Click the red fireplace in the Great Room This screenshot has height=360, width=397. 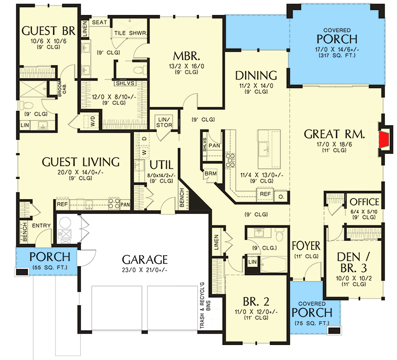[384, 139]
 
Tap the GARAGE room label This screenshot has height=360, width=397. [144, 259]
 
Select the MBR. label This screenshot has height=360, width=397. [187, 56]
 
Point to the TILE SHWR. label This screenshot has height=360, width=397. [131, 33]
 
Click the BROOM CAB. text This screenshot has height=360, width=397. [62, 89]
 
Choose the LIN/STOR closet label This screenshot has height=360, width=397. [164, 122]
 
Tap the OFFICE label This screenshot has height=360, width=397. [364, 202]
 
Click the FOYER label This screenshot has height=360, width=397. [306, 246]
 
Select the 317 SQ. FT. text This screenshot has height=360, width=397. [337, 55]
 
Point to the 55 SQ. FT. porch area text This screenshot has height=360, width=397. [50, 267]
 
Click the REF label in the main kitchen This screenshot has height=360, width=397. [265, 194]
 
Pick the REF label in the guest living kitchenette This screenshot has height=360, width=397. [63, 204]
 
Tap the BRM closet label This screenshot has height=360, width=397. [210, 173]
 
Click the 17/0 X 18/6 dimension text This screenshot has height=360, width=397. [334, 144]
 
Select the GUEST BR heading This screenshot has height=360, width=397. [48, 31]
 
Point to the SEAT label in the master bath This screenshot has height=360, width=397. [100, 22]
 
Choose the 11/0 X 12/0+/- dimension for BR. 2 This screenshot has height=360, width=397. [256, 312]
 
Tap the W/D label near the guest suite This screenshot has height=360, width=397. [93, 121]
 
